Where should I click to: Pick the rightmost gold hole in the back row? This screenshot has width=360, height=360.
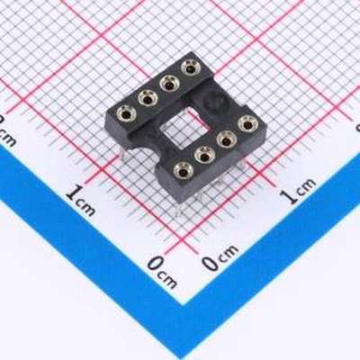click(x=189, y=67)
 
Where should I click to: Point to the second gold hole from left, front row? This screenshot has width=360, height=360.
click(x=204, y=154)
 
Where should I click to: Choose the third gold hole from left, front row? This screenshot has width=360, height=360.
click(x=226, y=138)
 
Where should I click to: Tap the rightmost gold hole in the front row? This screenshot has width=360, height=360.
click(x=246, y=123)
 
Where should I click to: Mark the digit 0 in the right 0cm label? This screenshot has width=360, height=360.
click(x=210, y=264)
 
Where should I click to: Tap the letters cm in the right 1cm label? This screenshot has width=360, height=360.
click(x=307, y=188)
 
